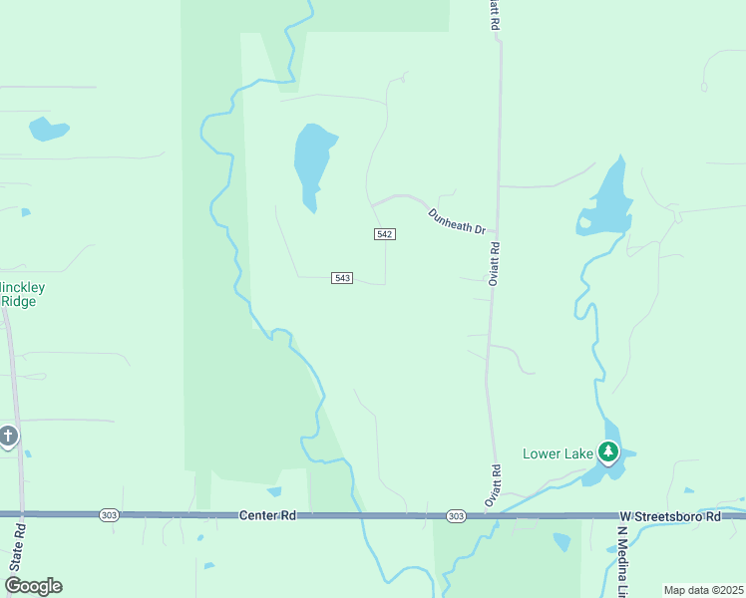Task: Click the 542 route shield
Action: pyautogui.click(x=385, y=233)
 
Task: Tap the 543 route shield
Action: pyautogui.click(x=342, y=278)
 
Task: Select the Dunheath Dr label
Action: pyautogui.click(x=456, y=221)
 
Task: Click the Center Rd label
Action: pyautogui.click(x=269, y=515)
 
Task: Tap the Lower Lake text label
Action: pyautogui.click(x=558, y=454)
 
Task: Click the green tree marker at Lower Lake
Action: pyautogui.click(x=608, y=452)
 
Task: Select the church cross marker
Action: pyautogui.click(x=9, y=436)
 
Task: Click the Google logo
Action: pyautogui.click(x=33, y=586)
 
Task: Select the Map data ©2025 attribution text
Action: pyautogui.click(x=703, y=590)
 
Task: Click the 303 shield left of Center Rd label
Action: pyautogui.click(x=109, y=515)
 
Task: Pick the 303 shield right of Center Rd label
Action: pyautogui.click(x=456, y=515)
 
